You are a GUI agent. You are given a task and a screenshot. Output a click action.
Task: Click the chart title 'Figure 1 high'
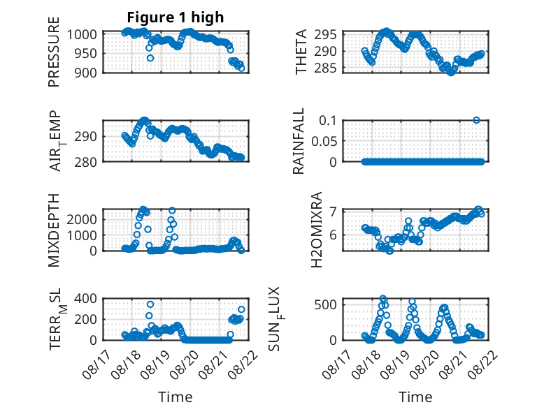point(176,17)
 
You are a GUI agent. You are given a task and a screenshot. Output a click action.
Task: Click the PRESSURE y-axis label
point(54,52)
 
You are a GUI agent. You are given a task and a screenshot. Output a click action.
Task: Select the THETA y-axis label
point(301,52)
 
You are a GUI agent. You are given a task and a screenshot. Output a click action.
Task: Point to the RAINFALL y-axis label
point(299,141)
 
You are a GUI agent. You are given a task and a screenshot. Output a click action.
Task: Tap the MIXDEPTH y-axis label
point(54,230)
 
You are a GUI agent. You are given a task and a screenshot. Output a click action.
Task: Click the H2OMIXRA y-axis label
point(317,230)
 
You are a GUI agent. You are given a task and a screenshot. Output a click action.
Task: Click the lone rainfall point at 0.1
point(476,120)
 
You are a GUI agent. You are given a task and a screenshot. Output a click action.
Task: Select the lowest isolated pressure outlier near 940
point(150,58)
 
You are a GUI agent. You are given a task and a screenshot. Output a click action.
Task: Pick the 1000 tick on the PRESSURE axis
point(82,35)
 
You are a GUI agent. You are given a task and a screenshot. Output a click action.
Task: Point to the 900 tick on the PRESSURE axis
point(85,73)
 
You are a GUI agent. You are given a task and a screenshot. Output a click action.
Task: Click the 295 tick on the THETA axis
point(325,35)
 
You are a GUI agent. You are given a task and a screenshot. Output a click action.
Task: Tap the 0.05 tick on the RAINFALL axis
point(324,141)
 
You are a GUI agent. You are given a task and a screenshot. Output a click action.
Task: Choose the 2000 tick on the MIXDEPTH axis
point(82,219)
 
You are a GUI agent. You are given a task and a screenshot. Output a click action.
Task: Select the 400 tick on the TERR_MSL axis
point(85,298)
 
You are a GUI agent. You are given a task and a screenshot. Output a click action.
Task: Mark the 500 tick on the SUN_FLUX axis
point(325,305)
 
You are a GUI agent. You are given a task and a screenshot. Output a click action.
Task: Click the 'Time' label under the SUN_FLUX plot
point(415,397)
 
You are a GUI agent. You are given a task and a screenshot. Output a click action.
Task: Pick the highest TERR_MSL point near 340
point(150,304)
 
